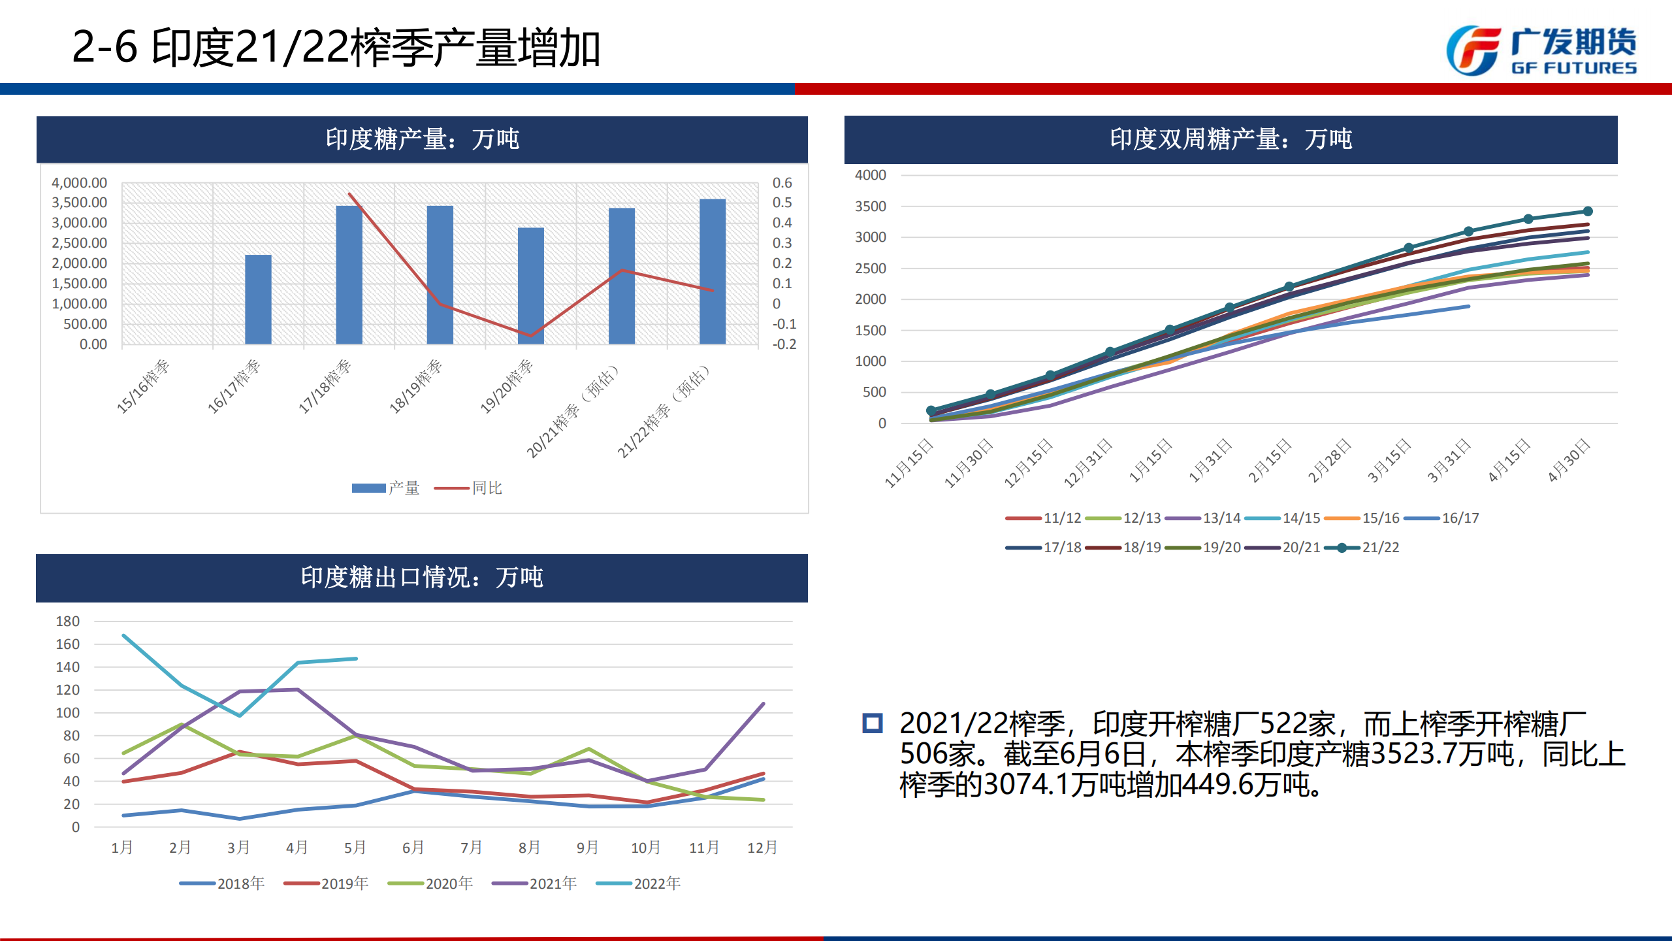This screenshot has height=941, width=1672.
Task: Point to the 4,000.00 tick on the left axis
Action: pos(79,183)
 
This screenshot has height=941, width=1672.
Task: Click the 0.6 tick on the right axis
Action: pos(782,183)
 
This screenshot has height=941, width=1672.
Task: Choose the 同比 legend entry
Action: pos(468,488)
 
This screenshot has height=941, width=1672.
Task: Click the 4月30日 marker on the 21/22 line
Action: pos(1588,211)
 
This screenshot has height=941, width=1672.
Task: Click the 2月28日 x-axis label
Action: pos(1329,461)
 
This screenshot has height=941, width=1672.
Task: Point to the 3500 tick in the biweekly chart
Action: pos(870,206)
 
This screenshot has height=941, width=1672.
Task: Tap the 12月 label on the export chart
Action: pos(762,848)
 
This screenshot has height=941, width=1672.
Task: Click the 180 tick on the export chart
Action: pos(68,621)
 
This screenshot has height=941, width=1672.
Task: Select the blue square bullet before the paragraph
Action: pos(873,723)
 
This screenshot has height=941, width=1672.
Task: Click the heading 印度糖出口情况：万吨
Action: pos(422,578)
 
